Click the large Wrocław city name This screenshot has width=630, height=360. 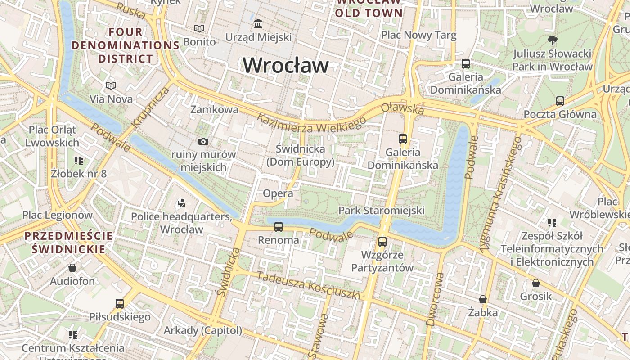coord(286,66)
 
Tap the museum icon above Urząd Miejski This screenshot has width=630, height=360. coord(259,23)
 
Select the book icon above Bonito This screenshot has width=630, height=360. coord(199,29)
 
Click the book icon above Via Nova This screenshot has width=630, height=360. coord(111,85)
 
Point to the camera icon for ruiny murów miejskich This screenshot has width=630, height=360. coord(203,142)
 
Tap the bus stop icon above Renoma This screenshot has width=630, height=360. coord(279,227)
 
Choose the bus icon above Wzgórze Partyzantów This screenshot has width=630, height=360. coord(382,242)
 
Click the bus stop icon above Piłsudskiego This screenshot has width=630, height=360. coord(120,304)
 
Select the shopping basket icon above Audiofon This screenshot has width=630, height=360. coord(72,268)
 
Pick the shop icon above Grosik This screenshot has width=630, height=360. coord(535,283)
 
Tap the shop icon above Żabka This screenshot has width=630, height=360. coord(483,299)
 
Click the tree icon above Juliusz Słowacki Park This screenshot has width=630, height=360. coord(552,40)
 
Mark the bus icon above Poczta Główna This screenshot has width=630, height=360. coord(560,101)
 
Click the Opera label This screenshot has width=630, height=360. coord(278,193)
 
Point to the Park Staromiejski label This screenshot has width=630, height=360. coord(382,210)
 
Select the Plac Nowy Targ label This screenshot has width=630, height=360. coord(418,35)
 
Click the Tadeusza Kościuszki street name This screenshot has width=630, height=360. coord(309,285)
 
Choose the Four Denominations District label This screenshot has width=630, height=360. coord(126,45)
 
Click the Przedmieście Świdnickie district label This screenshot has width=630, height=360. coord(69,242)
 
